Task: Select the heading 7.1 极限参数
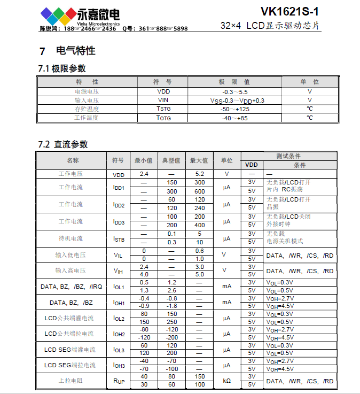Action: [62, 68]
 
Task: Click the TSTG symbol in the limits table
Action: [163, 109]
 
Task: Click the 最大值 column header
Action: [200, 160]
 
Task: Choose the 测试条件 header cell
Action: [289, 156]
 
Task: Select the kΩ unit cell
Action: [226, 381]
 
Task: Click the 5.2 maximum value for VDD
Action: [200, 174]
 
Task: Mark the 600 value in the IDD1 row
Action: [200, 191]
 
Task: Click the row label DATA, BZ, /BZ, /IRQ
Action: [71, 287]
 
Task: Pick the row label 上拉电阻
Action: [71, 381]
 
